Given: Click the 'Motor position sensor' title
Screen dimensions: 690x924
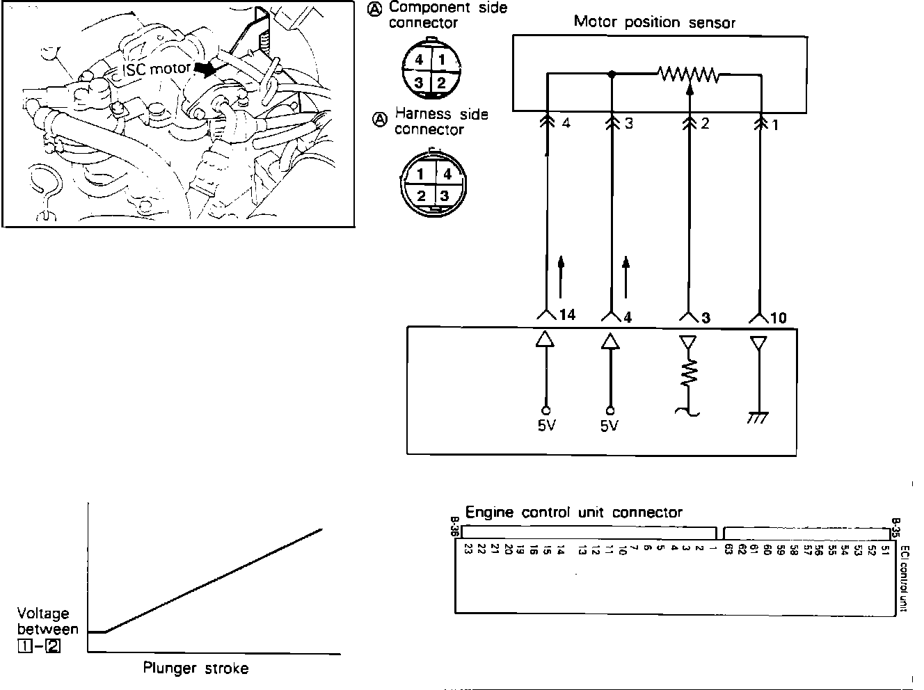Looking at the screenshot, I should [654, 22].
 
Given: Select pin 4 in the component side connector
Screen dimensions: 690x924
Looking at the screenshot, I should [419, 60].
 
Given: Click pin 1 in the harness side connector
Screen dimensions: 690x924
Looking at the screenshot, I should [421, 175].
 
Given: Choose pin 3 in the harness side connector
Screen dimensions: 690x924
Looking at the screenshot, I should [444, 196].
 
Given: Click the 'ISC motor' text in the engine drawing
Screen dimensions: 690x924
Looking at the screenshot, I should [157, 70].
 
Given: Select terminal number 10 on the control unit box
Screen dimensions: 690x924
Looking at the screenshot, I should [778, 318].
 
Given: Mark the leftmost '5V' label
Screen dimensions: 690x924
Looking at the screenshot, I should [546, 425].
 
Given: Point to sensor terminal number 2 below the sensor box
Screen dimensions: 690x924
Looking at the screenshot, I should [705, 124].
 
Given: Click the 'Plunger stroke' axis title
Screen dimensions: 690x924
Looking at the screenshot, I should [196, 669].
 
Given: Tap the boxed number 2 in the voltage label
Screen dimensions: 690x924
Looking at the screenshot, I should [52, 645].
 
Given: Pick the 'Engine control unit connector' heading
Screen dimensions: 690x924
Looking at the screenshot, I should [573, 513].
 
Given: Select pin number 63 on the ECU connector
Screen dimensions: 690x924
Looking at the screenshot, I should [728, 549].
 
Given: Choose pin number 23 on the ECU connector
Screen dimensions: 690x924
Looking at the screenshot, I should [468, 549].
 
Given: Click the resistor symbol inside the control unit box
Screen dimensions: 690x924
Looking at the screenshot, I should [689, 376].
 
